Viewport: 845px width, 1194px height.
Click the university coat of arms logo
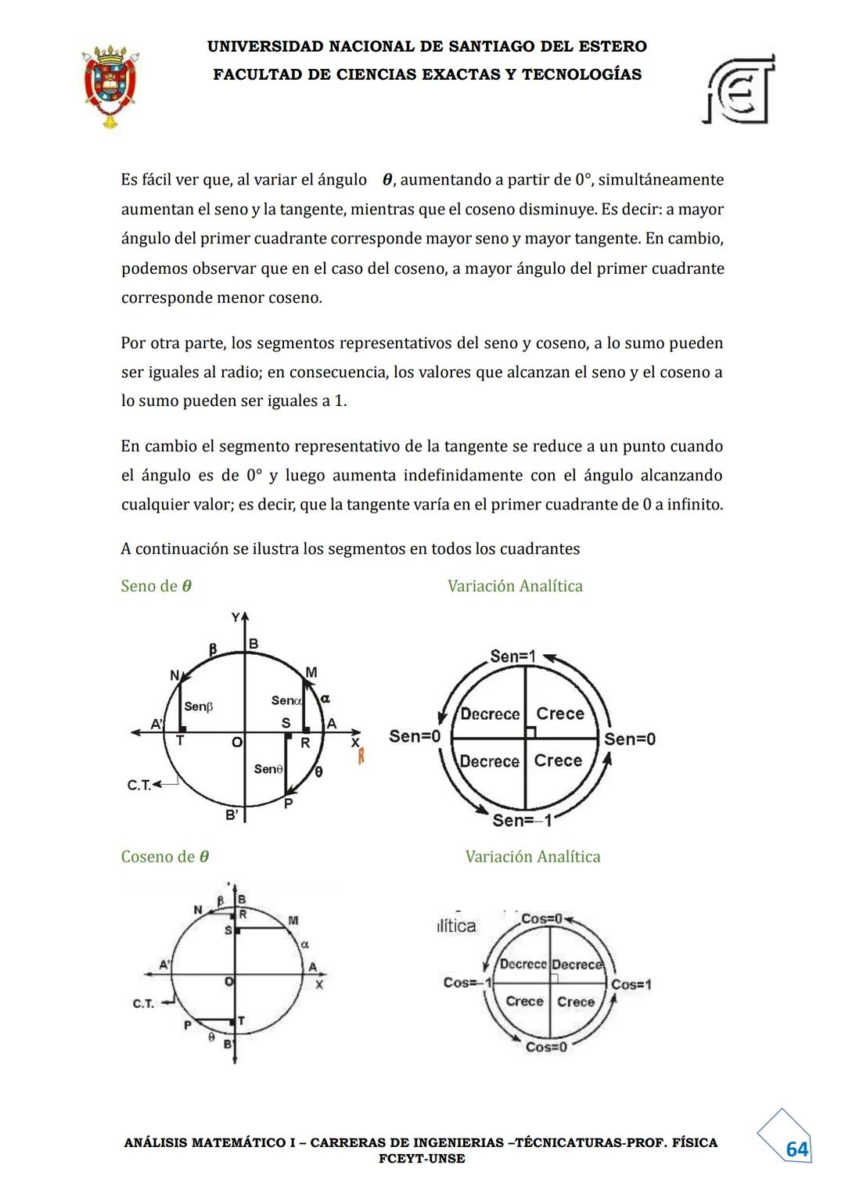coord(110,85)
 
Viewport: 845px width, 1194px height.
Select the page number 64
coord(796,1149)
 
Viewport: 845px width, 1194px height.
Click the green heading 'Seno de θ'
coord(156,586)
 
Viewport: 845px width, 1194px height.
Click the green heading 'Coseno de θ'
coord(165,857)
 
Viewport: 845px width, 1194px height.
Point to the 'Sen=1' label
coord(512,656)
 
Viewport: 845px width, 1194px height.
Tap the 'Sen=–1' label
coord(522,820)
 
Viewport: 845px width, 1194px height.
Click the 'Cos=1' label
coord(631,984)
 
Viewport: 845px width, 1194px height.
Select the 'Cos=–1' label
coord(467,983)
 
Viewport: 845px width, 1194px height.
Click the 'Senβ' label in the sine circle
coord(199,707)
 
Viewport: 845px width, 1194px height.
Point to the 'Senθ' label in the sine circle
coord(268,769)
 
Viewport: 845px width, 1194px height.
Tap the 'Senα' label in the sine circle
coord(286,700)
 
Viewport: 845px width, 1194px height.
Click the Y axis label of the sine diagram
coord(236,617)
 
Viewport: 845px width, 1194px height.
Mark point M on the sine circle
coord(311,673)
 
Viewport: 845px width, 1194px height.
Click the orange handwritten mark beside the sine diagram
coord(361,757)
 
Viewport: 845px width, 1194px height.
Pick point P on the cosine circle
coord(188,1025)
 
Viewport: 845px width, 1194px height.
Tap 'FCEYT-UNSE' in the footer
coord(422,1159)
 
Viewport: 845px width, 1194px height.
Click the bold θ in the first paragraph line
coord(387,180)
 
